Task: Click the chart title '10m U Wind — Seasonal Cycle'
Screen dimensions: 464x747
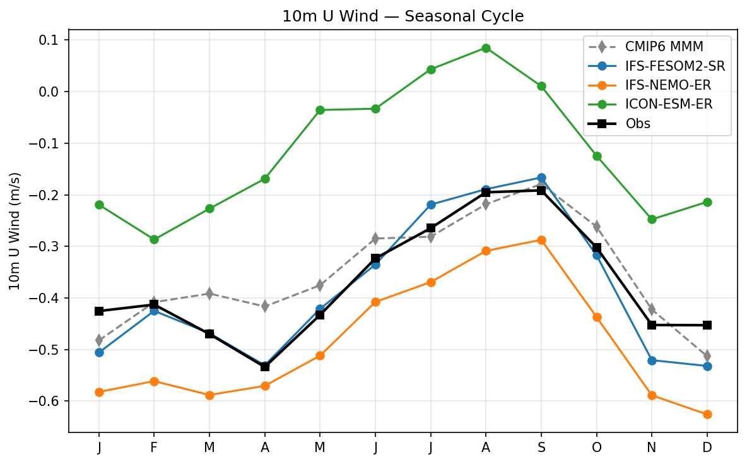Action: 403,16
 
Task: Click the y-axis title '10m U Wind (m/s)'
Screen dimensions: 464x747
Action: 15,231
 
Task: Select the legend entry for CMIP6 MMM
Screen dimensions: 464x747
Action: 662,47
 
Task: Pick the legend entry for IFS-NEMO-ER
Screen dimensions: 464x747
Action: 666,85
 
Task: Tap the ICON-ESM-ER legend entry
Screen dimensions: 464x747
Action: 669,105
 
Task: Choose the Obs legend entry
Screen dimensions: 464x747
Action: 638,124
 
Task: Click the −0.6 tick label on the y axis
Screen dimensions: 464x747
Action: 46,402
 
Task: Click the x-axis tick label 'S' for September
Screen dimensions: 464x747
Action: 541,448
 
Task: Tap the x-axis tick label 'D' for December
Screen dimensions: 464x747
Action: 707,448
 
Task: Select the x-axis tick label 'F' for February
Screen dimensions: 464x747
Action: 154,448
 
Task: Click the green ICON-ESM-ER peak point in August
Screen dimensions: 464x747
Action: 486,48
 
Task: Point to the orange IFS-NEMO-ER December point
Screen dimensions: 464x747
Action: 707,414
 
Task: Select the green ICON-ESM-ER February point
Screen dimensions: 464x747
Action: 154,239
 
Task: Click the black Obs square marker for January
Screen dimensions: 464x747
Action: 99,311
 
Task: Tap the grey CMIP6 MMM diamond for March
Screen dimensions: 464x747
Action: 209,294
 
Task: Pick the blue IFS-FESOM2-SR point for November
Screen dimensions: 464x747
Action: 652,360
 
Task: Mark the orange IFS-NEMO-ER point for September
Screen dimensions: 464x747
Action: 541,240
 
